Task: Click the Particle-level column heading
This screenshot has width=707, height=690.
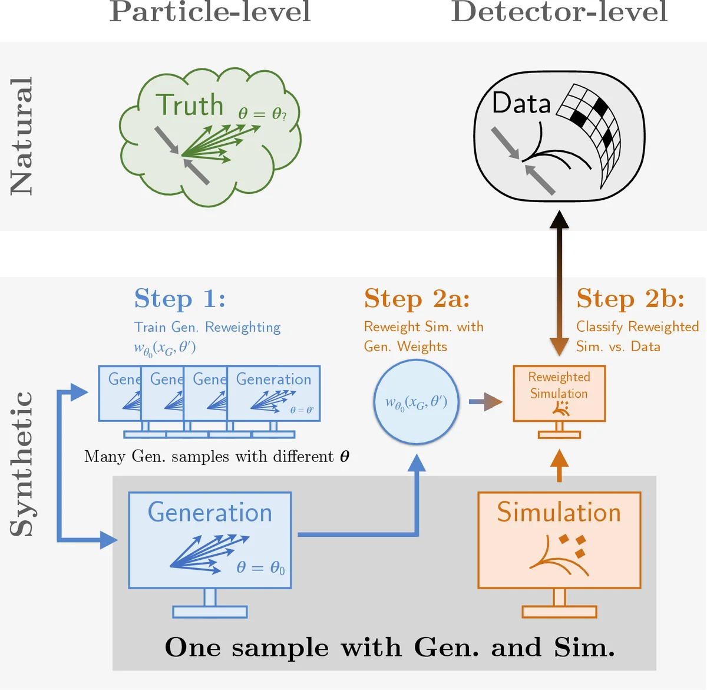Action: [210, 12]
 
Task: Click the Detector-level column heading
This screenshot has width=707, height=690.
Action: [559, 12]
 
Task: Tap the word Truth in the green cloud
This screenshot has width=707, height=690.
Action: [190, 106]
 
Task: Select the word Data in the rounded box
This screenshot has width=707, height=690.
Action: [521, 104]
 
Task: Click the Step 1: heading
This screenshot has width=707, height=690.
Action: [180, 299]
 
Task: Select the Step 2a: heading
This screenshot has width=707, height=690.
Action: [417, 299]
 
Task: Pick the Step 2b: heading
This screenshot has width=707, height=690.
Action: [630, 299]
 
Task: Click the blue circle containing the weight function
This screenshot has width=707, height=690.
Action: [416, 402]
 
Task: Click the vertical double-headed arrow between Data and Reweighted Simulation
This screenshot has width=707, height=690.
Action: [559, 283]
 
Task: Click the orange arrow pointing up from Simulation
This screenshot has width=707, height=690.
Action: [559, 465]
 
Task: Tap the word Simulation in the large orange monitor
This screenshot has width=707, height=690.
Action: [559, 513]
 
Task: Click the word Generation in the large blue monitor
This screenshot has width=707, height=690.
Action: [210, 513]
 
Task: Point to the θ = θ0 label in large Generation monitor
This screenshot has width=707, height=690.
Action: [260, 567]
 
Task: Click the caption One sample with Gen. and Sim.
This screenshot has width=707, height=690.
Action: [389, 648]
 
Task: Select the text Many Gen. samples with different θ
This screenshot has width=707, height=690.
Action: [216, 457]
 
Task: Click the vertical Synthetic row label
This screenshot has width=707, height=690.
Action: [22, 464]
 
